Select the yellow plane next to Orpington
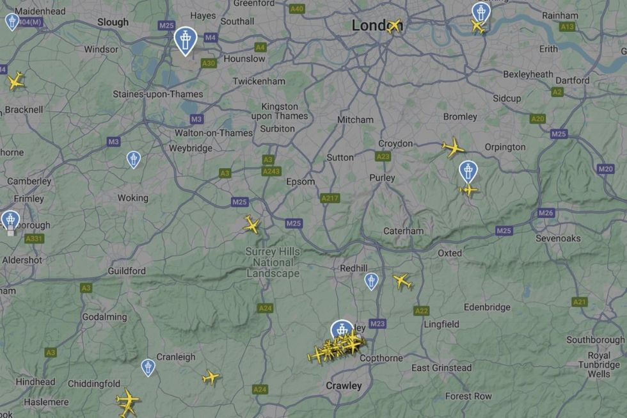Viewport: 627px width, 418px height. (x=453, y=147)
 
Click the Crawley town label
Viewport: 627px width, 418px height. (x=344, y=385)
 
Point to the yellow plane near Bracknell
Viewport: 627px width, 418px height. (x=15, y=81)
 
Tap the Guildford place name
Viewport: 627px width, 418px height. (x=127, y=271)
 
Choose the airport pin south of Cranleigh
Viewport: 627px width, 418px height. (x=148, y=367)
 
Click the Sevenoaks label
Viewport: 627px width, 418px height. (x=558, y=238)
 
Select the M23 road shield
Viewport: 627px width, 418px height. (x=377, y=324)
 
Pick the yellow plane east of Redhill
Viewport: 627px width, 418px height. (x=402, y=280)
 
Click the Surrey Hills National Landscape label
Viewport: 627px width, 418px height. (x=273, y=262)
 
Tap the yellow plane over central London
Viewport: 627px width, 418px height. (x=393, y=26)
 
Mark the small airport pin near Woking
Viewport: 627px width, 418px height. (x=133, y=159)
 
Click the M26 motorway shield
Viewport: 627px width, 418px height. (x=546, y=213)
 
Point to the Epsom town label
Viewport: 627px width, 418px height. (x=301, y=181)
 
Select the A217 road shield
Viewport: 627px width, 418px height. (x=330, y=198)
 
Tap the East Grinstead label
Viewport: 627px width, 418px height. (x=441, y=367)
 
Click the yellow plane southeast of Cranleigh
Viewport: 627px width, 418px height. (x=210, y=377)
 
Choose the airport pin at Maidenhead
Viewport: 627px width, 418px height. (x=12, y=21)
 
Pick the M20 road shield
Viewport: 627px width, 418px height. (x=605, y=169)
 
